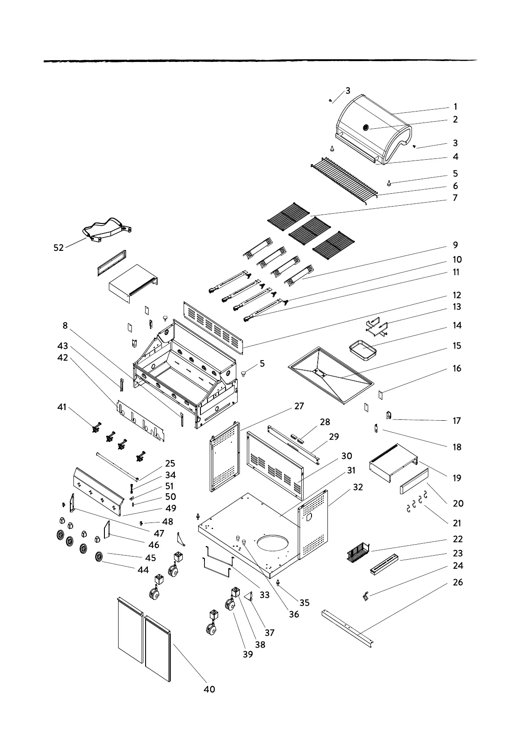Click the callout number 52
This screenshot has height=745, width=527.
click(59, 248)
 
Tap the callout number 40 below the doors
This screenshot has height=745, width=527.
click(209, 689)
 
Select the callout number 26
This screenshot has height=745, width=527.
click(458, 582)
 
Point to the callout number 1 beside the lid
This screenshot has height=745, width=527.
click(455, 107)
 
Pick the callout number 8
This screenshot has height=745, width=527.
click(65, 326)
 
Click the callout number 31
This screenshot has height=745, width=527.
click(351, 471)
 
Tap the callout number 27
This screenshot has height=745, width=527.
click(299, 406)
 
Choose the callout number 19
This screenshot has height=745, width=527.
click(457, 478)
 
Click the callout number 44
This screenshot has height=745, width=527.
click(143, 570)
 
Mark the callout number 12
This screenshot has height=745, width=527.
click(457, 295)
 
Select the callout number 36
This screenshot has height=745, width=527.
click(294, 614)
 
